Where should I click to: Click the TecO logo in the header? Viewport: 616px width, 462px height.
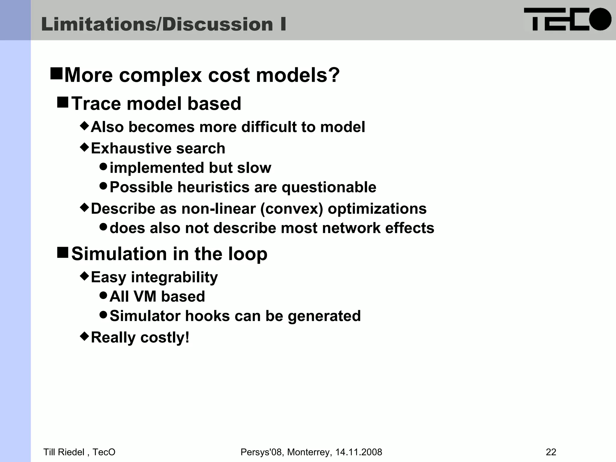point(567,19)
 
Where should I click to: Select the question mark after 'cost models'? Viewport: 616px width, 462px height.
point(334,75)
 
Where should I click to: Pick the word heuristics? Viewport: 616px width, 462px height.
point(213,187)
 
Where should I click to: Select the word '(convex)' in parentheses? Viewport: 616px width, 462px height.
point(291,209)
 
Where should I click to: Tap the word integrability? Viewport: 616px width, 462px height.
point(174,277)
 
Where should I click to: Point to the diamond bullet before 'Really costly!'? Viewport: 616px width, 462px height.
point(85,336)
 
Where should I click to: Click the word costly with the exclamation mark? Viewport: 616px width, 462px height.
point(165,337)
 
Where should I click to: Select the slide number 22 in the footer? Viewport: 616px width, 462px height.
point(551,452)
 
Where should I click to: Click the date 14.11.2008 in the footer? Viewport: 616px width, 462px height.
point(359,452)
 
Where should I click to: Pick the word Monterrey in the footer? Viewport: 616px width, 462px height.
point(310,452)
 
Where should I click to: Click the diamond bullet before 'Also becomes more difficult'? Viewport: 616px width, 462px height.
point(85,125)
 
